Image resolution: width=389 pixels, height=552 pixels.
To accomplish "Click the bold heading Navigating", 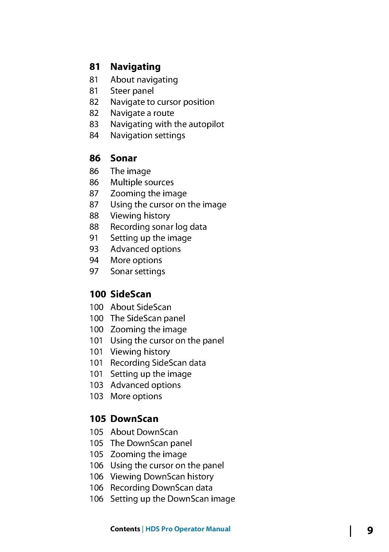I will click(135, 67).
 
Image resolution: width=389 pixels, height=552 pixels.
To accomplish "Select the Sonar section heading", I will click(124, 158).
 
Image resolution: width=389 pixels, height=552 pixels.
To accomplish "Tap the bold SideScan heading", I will click(130, 294).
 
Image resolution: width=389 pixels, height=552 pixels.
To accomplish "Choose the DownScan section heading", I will click(134, 419).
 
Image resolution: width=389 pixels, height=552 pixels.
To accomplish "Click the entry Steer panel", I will click(132, 91).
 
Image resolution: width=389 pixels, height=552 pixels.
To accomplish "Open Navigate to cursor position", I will click(162, 102).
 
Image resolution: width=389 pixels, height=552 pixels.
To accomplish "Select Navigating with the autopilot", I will click(167, 124).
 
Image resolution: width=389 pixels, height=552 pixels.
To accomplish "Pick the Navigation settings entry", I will click(148, 136).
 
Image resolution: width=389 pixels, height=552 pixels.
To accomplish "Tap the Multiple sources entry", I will click(142, 183).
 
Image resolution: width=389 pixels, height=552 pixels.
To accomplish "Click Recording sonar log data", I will click(158, 227).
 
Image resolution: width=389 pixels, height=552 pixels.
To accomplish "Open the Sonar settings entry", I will click(138, 272).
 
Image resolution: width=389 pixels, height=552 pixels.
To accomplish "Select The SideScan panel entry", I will click(148, 318).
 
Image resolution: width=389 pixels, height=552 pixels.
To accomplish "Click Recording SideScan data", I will click(158, 363).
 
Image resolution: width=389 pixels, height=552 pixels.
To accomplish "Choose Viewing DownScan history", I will click(162, 477).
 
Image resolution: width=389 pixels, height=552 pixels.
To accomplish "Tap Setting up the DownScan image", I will click(173, 499).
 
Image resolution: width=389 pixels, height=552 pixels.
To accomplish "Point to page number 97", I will click(94, 272).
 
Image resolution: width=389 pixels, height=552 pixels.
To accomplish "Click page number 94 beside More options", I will click(94, 260).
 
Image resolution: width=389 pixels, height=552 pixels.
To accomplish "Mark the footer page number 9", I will click(370, 530).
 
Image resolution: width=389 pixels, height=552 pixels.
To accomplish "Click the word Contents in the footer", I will click(125, 529).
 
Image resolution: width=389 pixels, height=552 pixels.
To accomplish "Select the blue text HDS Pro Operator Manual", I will click(188, 529).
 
